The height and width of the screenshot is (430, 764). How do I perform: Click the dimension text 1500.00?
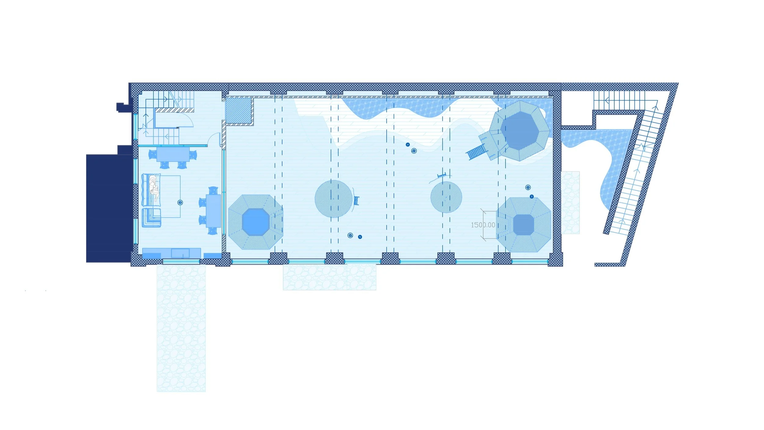[483, 225]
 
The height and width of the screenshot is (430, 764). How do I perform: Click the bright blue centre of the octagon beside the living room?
[255, 222]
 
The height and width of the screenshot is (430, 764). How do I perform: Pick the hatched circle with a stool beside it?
[333, 199]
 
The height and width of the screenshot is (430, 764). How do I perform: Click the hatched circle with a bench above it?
[446, 197]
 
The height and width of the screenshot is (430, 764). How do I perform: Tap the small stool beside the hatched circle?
[356, 201]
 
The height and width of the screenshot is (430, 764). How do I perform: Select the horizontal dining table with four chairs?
[173, 154]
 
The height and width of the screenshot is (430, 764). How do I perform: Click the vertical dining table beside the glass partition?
[213, 211]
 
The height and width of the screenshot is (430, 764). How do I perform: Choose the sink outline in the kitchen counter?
[180, 253]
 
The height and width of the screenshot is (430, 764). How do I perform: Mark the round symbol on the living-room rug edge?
[180, 202]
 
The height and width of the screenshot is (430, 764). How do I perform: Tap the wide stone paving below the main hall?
[329, 277]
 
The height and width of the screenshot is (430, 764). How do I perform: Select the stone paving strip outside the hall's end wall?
[570, 202]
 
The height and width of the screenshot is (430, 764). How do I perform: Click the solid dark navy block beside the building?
[109, 208]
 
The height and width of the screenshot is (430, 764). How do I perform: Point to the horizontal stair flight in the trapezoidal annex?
[619, 100]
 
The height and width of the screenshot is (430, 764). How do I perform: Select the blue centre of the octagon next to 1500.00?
[523, 225]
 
